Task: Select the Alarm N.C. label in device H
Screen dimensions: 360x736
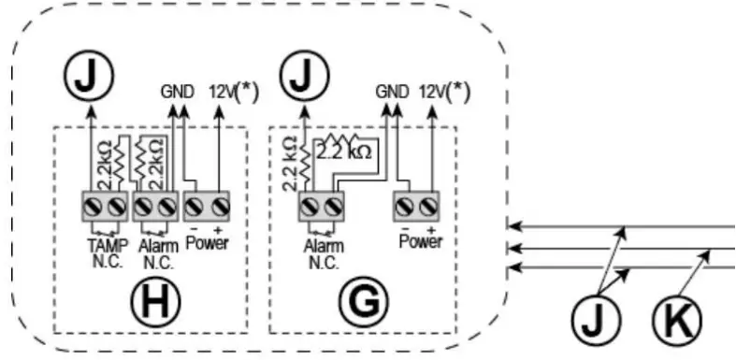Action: tap(152, 252)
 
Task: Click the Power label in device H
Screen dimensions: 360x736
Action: tap(209, 246)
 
